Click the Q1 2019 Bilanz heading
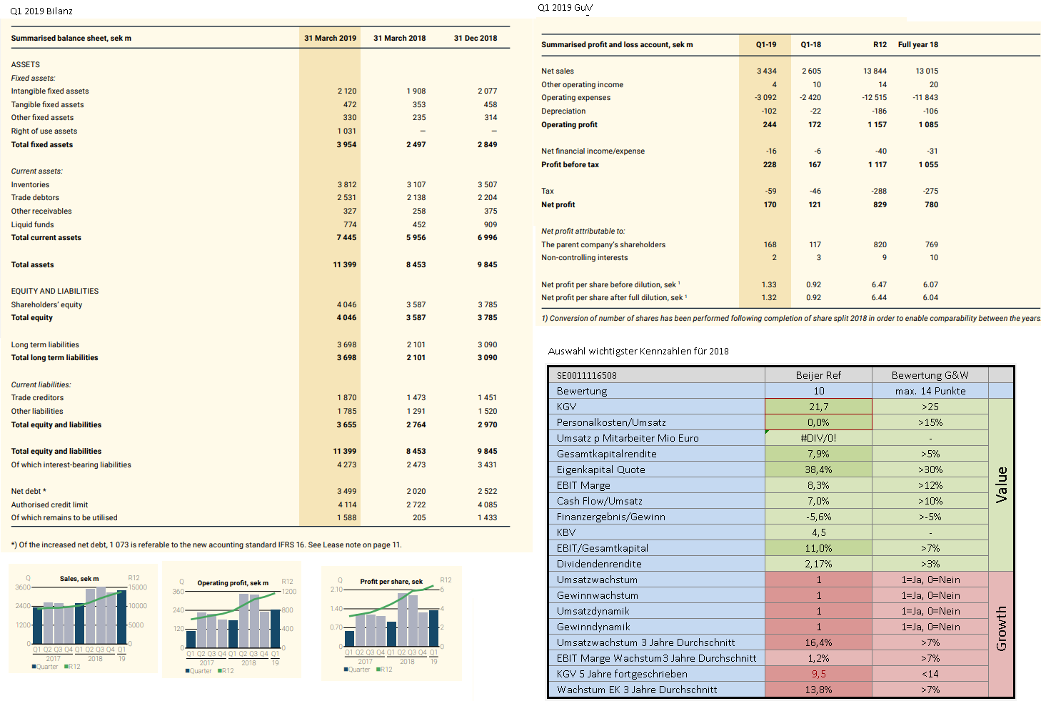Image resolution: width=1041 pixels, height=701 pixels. point(41,11)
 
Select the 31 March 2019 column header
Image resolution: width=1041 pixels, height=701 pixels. point(330,39)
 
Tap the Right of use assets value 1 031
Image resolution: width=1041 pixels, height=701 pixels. point(346,131)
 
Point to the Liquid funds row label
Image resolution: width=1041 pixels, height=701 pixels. point(32,225)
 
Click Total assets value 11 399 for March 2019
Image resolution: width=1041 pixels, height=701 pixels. point(344,265)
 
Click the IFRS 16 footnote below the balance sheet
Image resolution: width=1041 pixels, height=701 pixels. point(206,545)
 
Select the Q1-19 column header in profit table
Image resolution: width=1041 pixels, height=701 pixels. point(766,45)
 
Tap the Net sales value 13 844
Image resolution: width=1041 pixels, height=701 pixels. point(875,71)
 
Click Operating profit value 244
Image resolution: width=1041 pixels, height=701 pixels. point(769,125)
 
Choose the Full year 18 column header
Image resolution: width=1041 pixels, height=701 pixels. point(918,45)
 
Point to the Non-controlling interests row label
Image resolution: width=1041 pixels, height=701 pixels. point(584,258)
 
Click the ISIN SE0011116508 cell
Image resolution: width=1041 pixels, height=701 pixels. point(586,376)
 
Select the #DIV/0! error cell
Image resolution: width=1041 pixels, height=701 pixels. point(818,439)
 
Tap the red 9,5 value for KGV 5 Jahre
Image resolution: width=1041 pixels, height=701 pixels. point(818,675)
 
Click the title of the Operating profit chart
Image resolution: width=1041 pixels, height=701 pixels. point(233,583)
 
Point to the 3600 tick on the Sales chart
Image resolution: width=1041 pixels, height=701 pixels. point(23,587)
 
